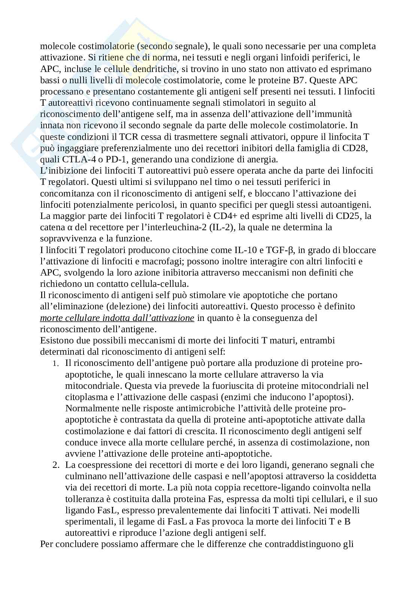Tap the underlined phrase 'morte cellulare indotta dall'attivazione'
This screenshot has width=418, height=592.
point(117,318)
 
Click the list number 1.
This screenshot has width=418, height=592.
point(55,363)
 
